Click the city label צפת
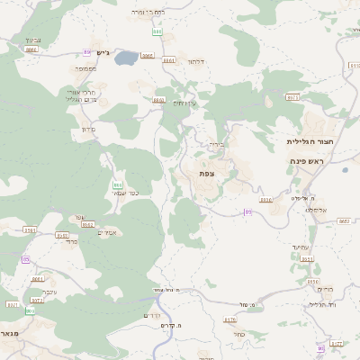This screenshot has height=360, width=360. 207,173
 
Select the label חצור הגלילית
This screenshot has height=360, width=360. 310,141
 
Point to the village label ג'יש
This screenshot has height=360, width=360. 102,51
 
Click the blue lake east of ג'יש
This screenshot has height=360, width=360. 126,59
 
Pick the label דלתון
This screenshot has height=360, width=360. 196,61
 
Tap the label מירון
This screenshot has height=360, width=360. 88,130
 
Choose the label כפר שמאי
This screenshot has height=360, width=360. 124,193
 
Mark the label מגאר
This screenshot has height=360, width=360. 11,333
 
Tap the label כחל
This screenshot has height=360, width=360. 238,334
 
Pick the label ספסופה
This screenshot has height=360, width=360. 86,68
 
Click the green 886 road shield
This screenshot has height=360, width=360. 157,31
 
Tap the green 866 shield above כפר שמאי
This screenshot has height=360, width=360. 118,184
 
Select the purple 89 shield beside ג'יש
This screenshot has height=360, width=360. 87,51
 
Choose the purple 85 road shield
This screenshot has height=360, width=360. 25,259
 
